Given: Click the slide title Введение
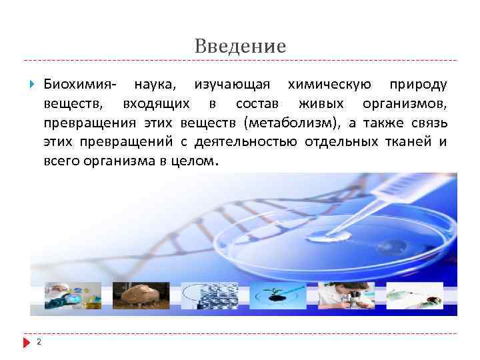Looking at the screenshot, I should click(x=241, y=46).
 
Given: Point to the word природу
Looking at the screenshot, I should click(x=419, y=85).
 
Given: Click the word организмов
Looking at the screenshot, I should click(x=406, y=104).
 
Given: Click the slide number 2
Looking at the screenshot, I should click(x=39, y=343).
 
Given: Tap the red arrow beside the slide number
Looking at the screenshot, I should click(x=27, y=343).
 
